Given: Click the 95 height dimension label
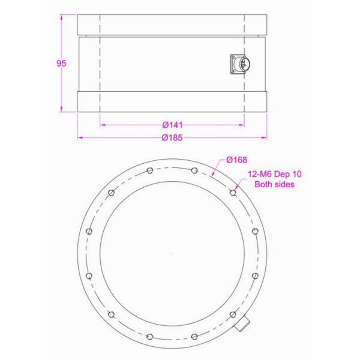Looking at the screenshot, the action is [x=61, y=64].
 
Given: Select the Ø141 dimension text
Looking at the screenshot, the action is [x=172, y=125].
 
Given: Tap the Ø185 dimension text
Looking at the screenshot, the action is [x=172, y=138].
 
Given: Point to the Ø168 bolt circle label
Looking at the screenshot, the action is [x=236, y=160].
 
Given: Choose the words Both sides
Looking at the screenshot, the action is [x=275, y=184].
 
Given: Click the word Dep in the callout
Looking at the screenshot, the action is [x=282, y=174].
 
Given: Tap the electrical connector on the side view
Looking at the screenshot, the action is [x=241, y=64].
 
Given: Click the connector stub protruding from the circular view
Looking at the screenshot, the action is [x=242, y=323].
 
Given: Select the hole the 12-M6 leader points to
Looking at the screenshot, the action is [x=233, y=193].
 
